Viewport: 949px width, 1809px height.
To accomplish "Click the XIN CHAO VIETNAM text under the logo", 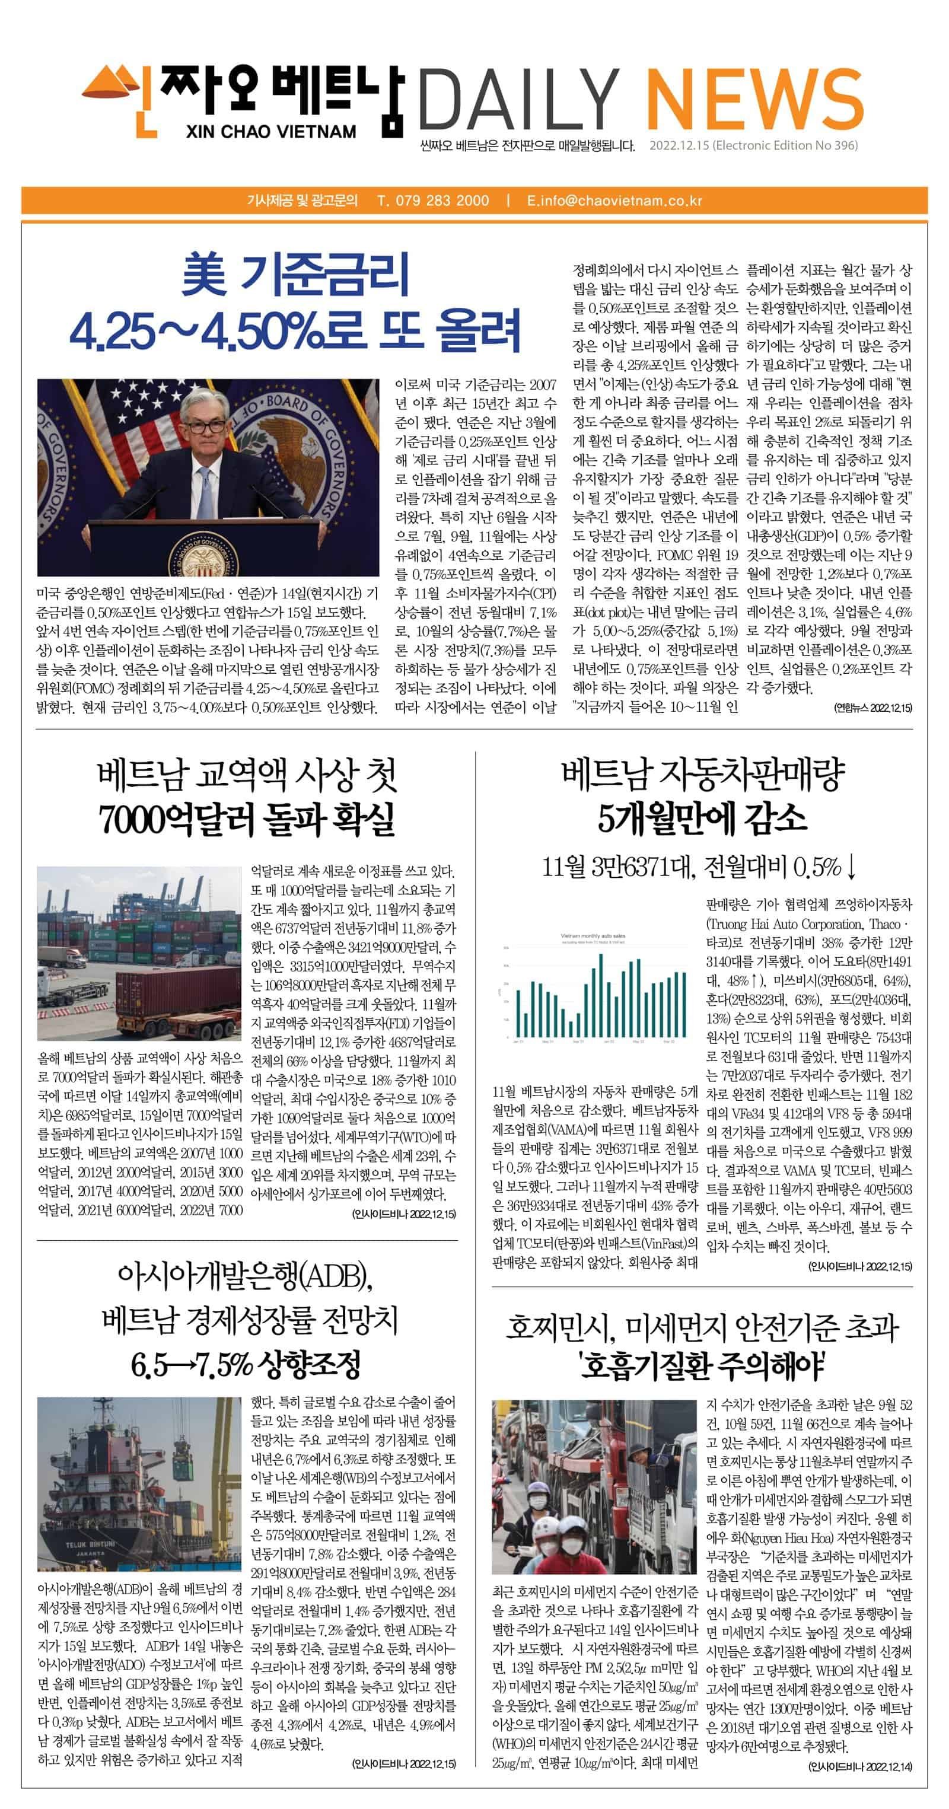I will tap(271, 131).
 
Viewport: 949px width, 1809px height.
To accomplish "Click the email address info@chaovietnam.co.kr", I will tap(620, 200).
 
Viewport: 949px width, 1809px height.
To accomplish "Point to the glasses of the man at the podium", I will tap(206, 426).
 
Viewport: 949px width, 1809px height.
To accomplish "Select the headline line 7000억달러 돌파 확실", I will tap(247, 819).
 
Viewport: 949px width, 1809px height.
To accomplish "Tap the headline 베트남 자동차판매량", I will tap(702, 774).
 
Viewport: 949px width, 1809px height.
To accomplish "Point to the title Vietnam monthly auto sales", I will tap(593, 935).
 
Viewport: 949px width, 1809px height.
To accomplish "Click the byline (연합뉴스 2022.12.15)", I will tap(872, 708).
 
